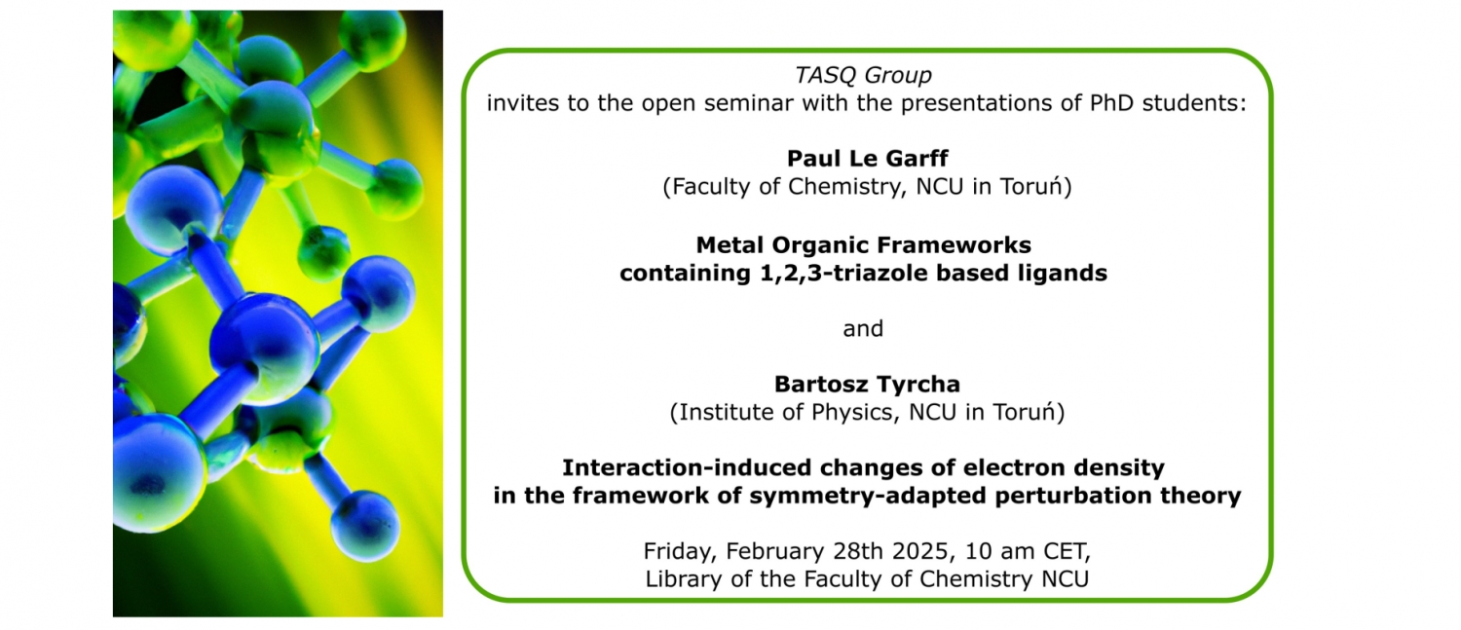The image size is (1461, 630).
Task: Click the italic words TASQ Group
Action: (863, 76)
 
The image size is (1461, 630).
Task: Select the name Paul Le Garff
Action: (868, 159)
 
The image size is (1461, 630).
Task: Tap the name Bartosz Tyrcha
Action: (867, 384)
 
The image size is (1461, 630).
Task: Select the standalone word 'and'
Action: (863, 328)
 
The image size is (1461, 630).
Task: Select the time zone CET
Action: (1068, 552)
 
